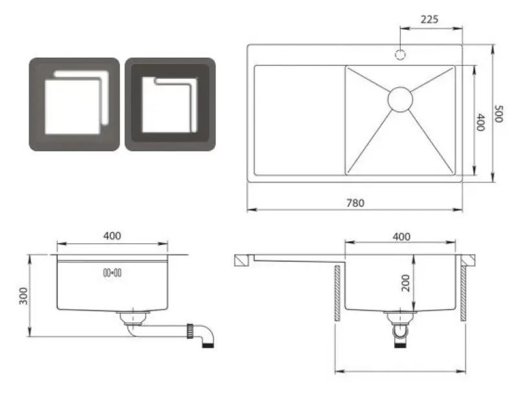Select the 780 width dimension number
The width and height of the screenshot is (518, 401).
(x=355, y=202)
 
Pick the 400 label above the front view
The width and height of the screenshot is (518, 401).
(x=111, y=236)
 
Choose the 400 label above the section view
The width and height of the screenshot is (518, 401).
(x=401, y=237)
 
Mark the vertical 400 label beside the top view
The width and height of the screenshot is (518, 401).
(x=480, y=122)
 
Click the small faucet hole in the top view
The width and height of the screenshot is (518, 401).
(x=401, y=54)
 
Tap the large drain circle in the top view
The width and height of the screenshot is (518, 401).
(x=400, y=98)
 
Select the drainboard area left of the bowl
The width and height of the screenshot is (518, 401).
(x=298, y=120)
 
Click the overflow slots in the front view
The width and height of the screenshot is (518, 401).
(x=112, y=273)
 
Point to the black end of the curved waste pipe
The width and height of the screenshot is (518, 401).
(x=209, y=347)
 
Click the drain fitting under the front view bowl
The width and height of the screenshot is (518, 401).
(x=135, y=316)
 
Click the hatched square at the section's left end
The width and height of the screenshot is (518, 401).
(x=240, y=260)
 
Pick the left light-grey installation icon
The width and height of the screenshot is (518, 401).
(x=74, y=105)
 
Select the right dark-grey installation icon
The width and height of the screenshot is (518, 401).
(x=170, y=105)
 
